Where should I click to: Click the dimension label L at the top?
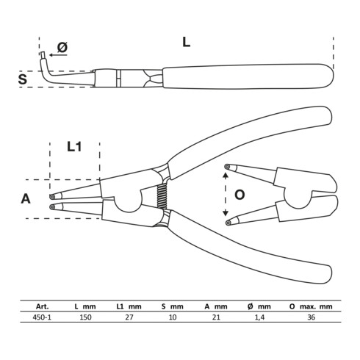(x=186, y=42)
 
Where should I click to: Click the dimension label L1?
(x=74, y=147)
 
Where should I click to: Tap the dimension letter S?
(x=24, y=79)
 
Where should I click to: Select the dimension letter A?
(x=26, y=198)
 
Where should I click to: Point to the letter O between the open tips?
(x=239, y=195)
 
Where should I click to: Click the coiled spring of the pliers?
(x=162, y=195)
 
